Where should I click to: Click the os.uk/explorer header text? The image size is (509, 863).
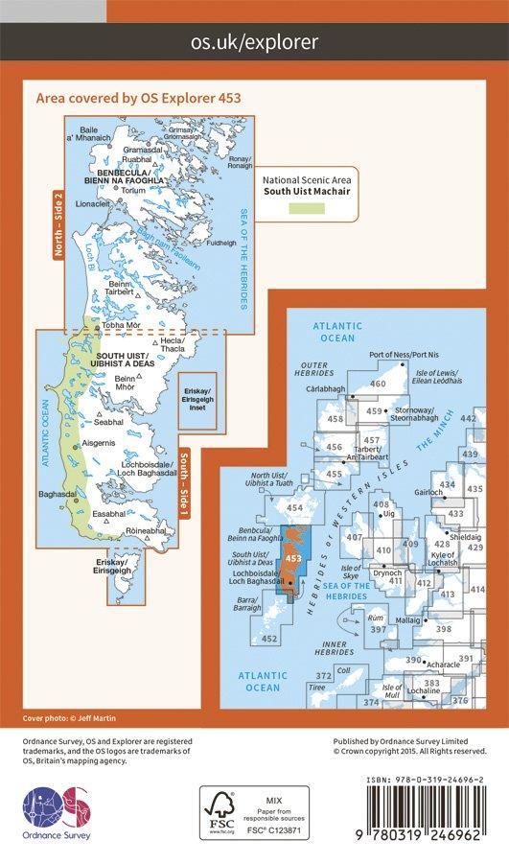click(254, 41)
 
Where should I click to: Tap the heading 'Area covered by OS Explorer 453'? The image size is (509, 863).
click(137, 98)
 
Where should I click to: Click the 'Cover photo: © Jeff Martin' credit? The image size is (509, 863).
click(58, 718)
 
